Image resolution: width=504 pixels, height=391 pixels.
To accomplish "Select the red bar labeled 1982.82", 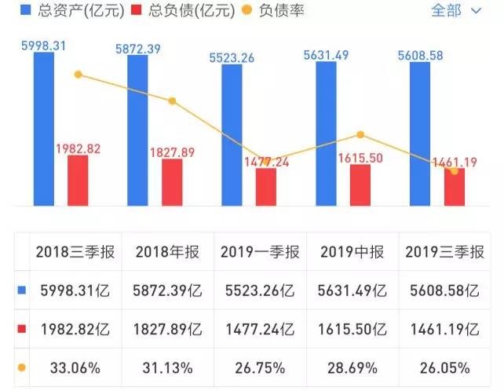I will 78,181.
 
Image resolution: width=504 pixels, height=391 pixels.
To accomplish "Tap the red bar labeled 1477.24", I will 266,187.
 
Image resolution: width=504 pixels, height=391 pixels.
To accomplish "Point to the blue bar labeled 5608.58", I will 420,134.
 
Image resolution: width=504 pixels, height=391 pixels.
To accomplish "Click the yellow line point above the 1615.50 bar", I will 360,135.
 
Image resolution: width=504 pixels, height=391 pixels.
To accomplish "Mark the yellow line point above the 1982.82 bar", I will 78,75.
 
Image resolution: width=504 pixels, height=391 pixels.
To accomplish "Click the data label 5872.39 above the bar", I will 138,49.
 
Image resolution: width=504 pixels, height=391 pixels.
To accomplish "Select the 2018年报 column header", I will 167,252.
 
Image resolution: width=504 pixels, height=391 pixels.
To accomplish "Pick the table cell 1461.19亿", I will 443,329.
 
